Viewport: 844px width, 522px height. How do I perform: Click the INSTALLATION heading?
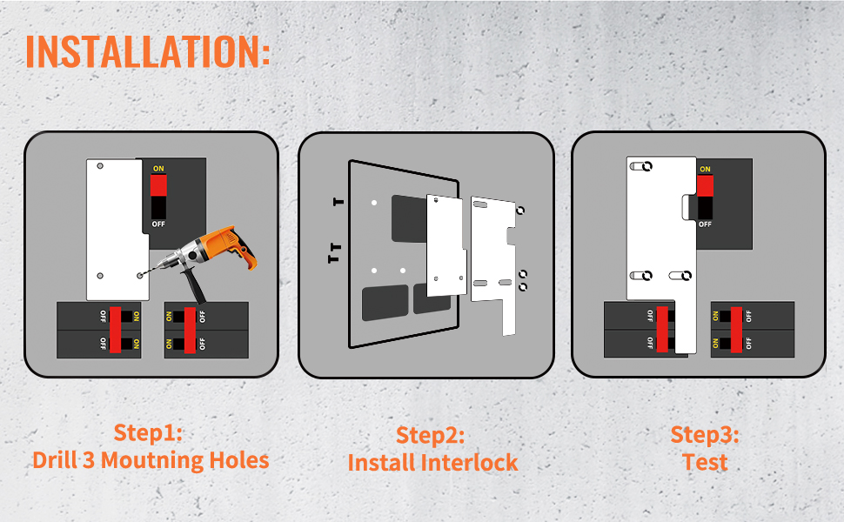[148, 51]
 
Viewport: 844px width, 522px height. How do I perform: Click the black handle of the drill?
[194, 285]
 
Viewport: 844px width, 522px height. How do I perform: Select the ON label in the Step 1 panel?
[158, 169]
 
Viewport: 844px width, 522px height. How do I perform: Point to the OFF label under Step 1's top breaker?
[158, 224]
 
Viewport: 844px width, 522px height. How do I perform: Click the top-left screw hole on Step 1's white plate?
[100, 166]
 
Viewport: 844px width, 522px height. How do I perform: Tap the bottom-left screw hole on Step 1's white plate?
[100, 276]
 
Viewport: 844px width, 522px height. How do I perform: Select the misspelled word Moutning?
[152, 461]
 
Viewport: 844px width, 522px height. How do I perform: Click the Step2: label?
[431, 435]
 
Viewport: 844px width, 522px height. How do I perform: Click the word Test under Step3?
[705, 462]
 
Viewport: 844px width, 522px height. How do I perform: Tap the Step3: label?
[705, 435]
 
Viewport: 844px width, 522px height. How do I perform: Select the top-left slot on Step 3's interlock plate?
[641, 166]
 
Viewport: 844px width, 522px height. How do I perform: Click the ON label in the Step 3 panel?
[705, 169]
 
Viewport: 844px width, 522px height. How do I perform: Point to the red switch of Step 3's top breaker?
[705, 185]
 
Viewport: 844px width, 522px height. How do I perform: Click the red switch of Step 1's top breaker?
[158, 185]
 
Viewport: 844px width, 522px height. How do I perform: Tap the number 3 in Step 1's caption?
[89, 460]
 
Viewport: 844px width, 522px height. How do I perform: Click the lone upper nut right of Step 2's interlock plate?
[520, 211]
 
